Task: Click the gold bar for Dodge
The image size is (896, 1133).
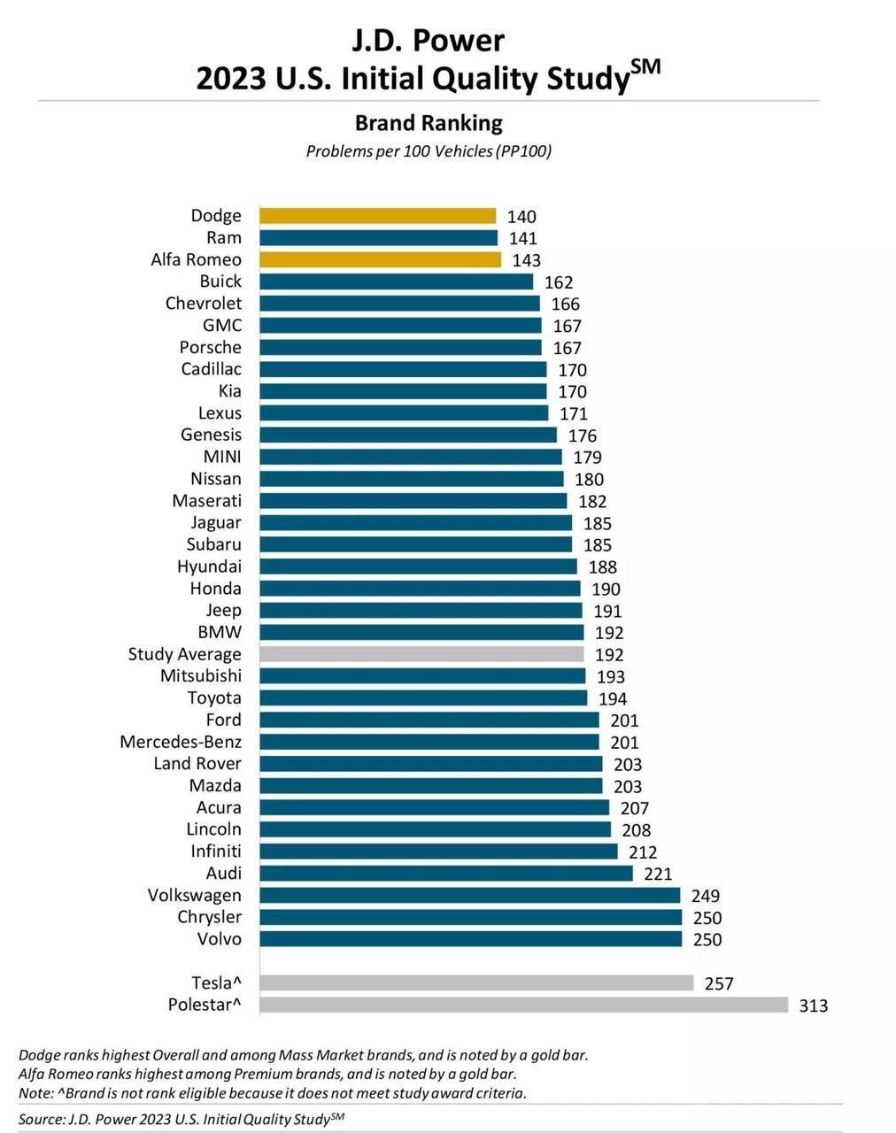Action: click(377, 216)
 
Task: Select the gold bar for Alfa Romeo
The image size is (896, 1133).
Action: click(380, 259)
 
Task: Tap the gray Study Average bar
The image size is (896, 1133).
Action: click(421, 654)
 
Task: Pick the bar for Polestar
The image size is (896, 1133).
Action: click(523, 1005)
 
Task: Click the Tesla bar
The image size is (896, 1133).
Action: click(476, 983)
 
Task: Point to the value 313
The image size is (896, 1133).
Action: click(813, 1006)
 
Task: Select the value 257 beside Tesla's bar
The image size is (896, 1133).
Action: click(719, 983)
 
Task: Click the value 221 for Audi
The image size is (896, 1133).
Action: click(658, 874)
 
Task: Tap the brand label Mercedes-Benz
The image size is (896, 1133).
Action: click(181, 742)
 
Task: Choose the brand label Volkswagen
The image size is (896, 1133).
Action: click(194, 895)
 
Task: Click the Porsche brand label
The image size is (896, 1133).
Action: click(210, 347)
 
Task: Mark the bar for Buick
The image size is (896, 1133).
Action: click(396, 281)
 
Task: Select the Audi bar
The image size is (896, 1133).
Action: click(446, 874)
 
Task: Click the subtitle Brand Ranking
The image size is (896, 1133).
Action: click(429, 123)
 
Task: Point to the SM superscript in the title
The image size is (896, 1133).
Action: click(646, 67)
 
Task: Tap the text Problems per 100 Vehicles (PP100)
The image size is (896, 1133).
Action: click(429, 151)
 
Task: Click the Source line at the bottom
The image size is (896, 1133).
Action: click(181, 1120)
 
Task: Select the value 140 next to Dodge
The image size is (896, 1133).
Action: click(521, 217)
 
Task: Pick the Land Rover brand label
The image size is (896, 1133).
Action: click(197, 764)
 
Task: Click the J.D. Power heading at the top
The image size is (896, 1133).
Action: click(429, 41)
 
